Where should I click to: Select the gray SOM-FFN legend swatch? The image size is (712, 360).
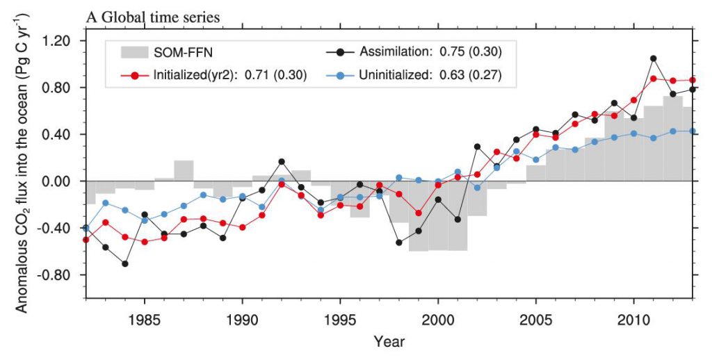tap(142, 52)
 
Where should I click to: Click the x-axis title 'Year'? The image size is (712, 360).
tap(389, 342)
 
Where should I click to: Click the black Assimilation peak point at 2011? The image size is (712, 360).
tap(654, 58)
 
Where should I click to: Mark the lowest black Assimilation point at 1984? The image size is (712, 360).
tap(124, 263)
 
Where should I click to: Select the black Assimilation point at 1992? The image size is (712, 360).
tap(282, 161)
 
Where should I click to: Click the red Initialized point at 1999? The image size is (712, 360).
tap(419, 213)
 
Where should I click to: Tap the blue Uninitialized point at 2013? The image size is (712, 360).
tap(693, 131)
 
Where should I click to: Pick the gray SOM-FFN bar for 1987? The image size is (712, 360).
tap(184, 170)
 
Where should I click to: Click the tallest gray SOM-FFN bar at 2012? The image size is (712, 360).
tap(673, 138)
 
